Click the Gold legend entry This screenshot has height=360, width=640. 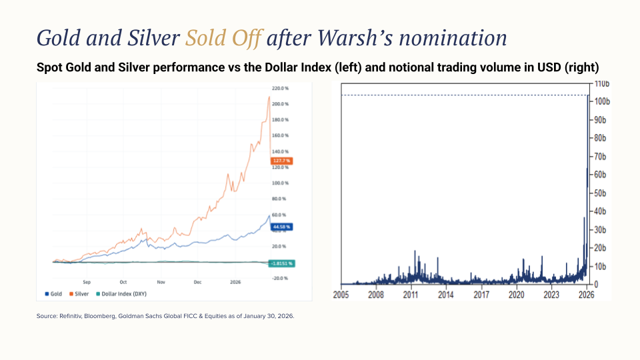coord(54,293)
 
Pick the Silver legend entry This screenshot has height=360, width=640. coord(79,293)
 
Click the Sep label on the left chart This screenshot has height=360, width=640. coord(87,282)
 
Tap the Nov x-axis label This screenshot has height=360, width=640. coord(161,282)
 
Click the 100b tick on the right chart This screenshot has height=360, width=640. coord(603,101)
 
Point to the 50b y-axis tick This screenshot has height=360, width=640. coord(602,193)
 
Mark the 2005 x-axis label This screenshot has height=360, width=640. coord(341,294)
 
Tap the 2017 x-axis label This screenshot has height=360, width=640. coord(481,294)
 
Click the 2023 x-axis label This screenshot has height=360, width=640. coord(551,294)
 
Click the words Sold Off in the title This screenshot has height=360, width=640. coord(223,38)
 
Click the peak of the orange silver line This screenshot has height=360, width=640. coord(269,97)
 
